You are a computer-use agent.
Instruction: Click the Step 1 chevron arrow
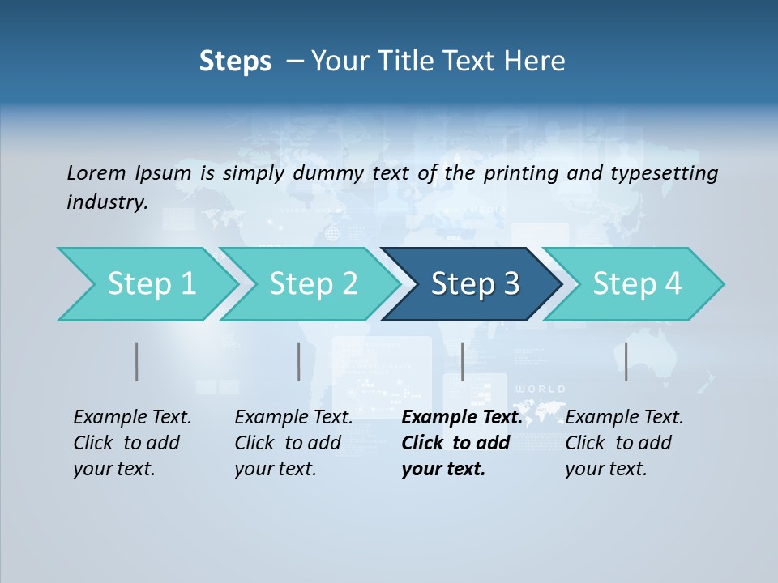click(x=146, y=284)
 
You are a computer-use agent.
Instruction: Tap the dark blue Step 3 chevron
click(x=474, y=284)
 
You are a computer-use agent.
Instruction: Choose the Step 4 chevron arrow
click(x=636, y=284)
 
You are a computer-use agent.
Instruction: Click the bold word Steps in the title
click(x=235, y=62)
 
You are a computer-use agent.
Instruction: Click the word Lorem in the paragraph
click(x=96, y=172)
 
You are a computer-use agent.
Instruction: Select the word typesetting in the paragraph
click(x=670, y=173)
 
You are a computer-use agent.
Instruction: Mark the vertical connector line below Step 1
click(x=137, y=361)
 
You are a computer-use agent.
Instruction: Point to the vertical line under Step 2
click(x=299, y=361)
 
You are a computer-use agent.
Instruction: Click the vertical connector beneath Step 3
click(x=462, y=361)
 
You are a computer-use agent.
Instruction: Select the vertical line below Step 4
click(x=626, y=361)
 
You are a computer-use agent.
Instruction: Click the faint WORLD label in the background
click(x=541, y=389)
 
